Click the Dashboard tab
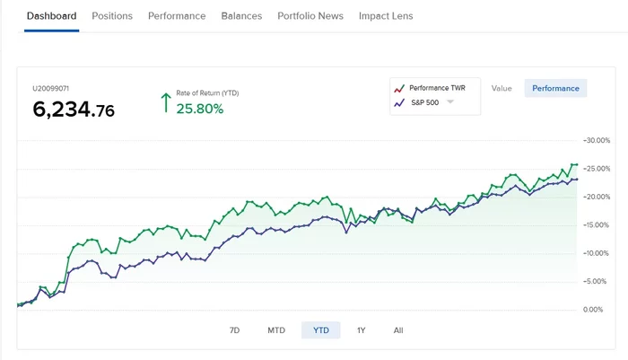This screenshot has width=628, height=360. coord(51,16)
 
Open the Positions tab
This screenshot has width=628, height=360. coord(112,16)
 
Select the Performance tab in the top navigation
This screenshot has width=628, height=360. coord(177,16)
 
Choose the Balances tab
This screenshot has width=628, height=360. coord(241,16)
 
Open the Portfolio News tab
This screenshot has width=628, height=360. coord(310,16)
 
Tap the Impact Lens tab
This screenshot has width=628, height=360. coord(387,16)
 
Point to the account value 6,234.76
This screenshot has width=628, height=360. coord(74,110)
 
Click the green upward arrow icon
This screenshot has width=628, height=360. coord(165,101)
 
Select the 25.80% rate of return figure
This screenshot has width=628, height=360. coord(199,109)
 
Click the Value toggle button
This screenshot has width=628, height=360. coord(502,88)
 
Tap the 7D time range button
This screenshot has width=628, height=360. coord(235,330)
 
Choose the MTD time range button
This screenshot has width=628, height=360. coord(276,330)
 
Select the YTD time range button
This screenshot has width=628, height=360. coord(320,330)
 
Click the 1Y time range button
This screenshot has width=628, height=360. coord(362,330)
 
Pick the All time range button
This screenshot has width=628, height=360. coord(398,330)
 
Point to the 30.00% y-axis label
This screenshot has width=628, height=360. coord(597,141)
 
